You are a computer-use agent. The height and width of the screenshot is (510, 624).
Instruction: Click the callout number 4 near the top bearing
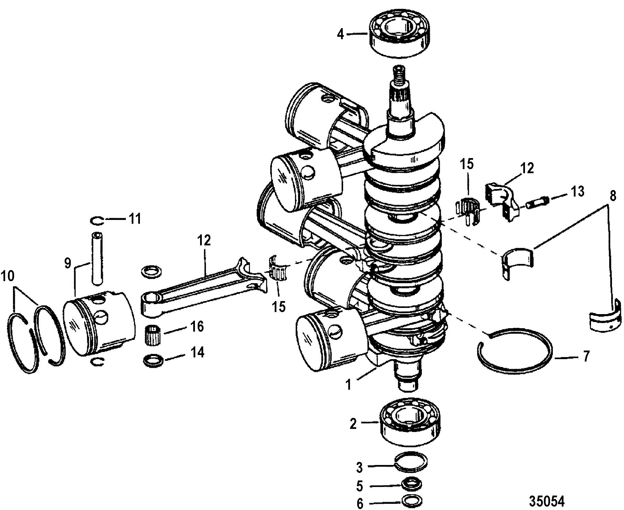[x=340, y=34]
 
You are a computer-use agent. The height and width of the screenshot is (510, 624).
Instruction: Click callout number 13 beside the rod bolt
[x=578, y=192]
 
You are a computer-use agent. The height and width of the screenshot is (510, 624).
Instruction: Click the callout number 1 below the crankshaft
[x=349, y=385]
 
